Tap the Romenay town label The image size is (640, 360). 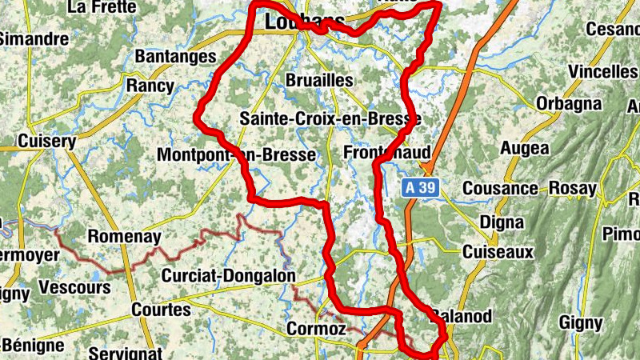(x=124, y=237)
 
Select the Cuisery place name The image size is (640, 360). (x=46, y=141)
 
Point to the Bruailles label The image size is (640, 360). (x=319, y=80)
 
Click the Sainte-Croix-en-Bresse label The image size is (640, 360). (x=330, y=119)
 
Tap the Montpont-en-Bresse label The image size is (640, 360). (x=237, y=154)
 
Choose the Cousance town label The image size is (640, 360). (x=501, y=189)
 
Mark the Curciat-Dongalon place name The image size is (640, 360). (x=228, y=276)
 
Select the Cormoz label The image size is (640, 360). (x=316, y=329)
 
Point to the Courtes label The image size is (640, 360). (x=161, y=309)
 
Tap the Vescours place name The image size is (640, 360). (x=74, y=287)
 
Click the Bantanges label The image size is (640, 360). (x=176, y=57)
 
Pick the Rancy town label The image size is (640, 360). (x=150, y=86)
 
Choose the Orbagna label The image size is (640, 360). (x=568, y=104)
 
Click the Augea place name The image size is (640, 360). (x=525, y=148)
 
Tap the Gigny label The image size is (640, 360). (x=581, y=323)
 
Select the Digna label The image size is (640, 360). (x=502, y=222)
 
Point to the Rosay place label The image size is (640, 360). (x=573, y=189)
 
